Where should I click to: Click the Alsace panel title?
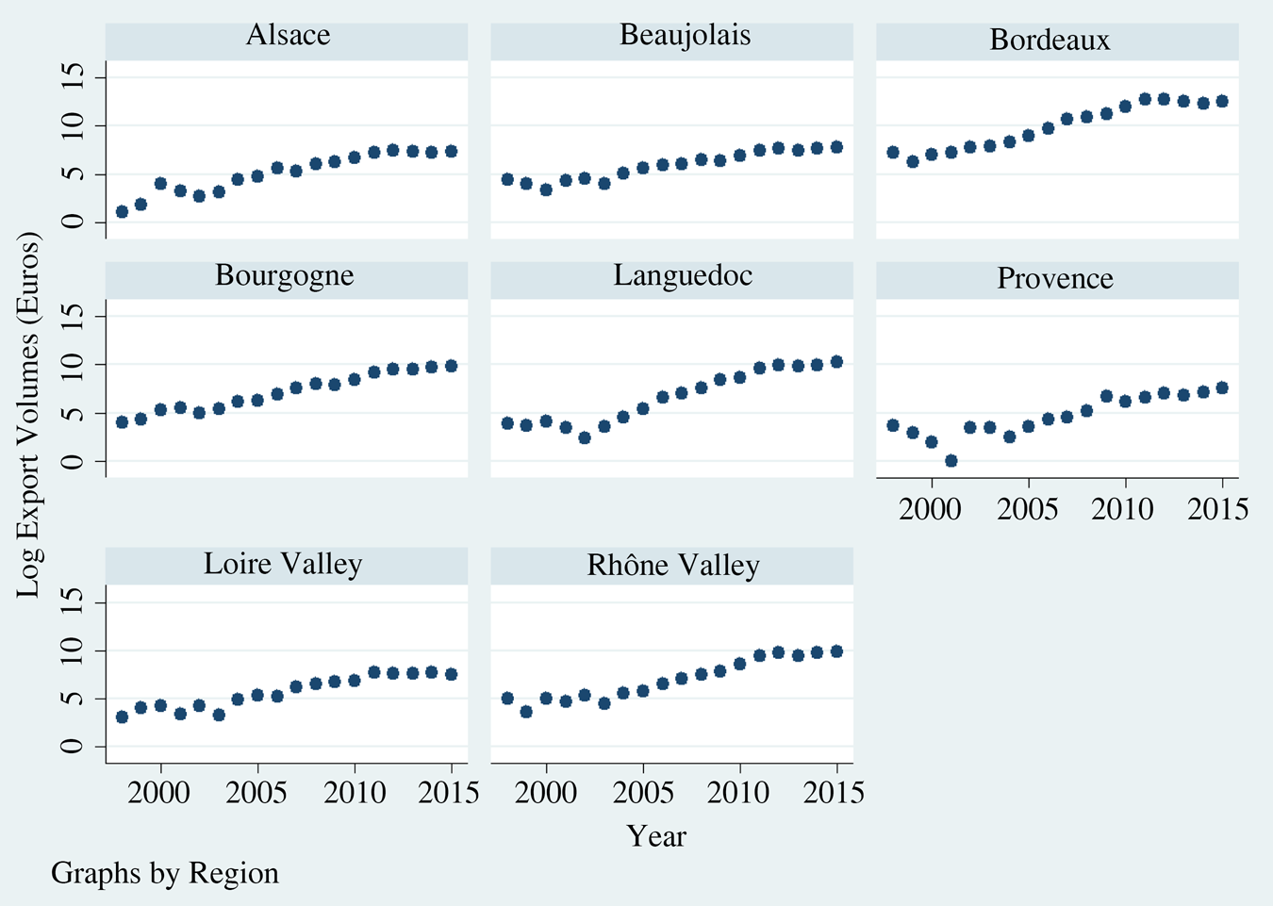(x=288, y=36)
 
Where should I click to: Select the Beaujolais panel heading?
(x=685, y=36)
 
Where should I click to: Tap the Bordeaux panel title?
(x=1050, y=41)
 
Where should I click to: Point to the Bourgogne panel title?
(x=285, y=275)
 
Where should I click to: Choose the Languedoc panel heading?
(x=683, y=275)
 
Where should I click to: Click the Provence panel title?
(x=1055, y=279)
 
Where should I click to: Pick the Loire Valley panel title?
(x=283, y=565)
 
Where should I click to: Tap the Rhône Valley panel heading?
(x=673, y=566)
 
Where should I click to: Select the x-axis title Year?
(x=656, y=836)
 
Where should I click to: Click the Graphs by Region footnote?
(x=165, y=873)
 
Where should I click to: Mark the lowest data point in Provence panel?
(x=951, y=461)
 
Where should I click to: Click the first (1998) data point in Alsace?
(x=122, y=212)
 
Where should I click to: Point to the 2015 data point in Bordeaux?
(x=1222, y=101)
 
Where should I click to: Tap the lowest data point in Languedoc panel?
(x=585, y=437)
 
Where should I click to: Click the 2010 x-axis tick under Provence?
(x=1122, y=510)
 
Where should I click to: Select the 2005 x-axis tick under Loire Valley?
(x=257, y=793)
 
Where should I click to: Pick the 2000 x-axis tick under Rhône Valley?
(x=548, y=793)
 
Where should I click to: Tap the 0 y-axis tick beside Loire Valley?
(x=74, y=747)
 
